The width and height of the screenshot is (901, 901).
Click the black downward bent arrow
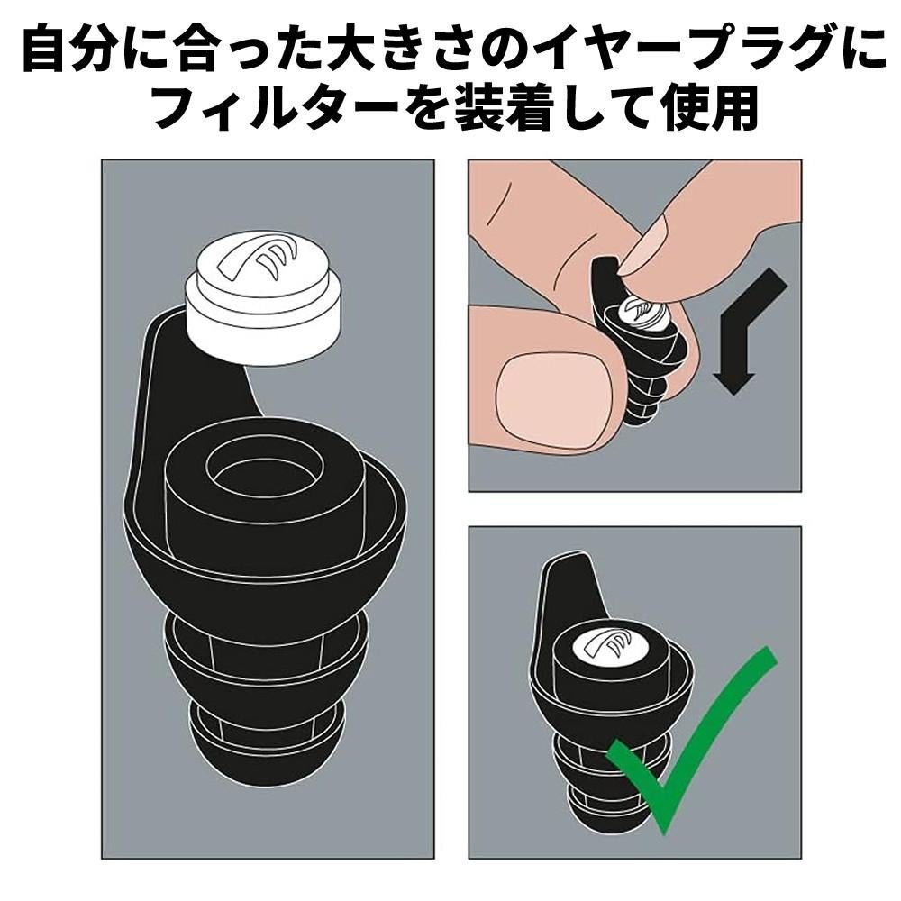point(747,331)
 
